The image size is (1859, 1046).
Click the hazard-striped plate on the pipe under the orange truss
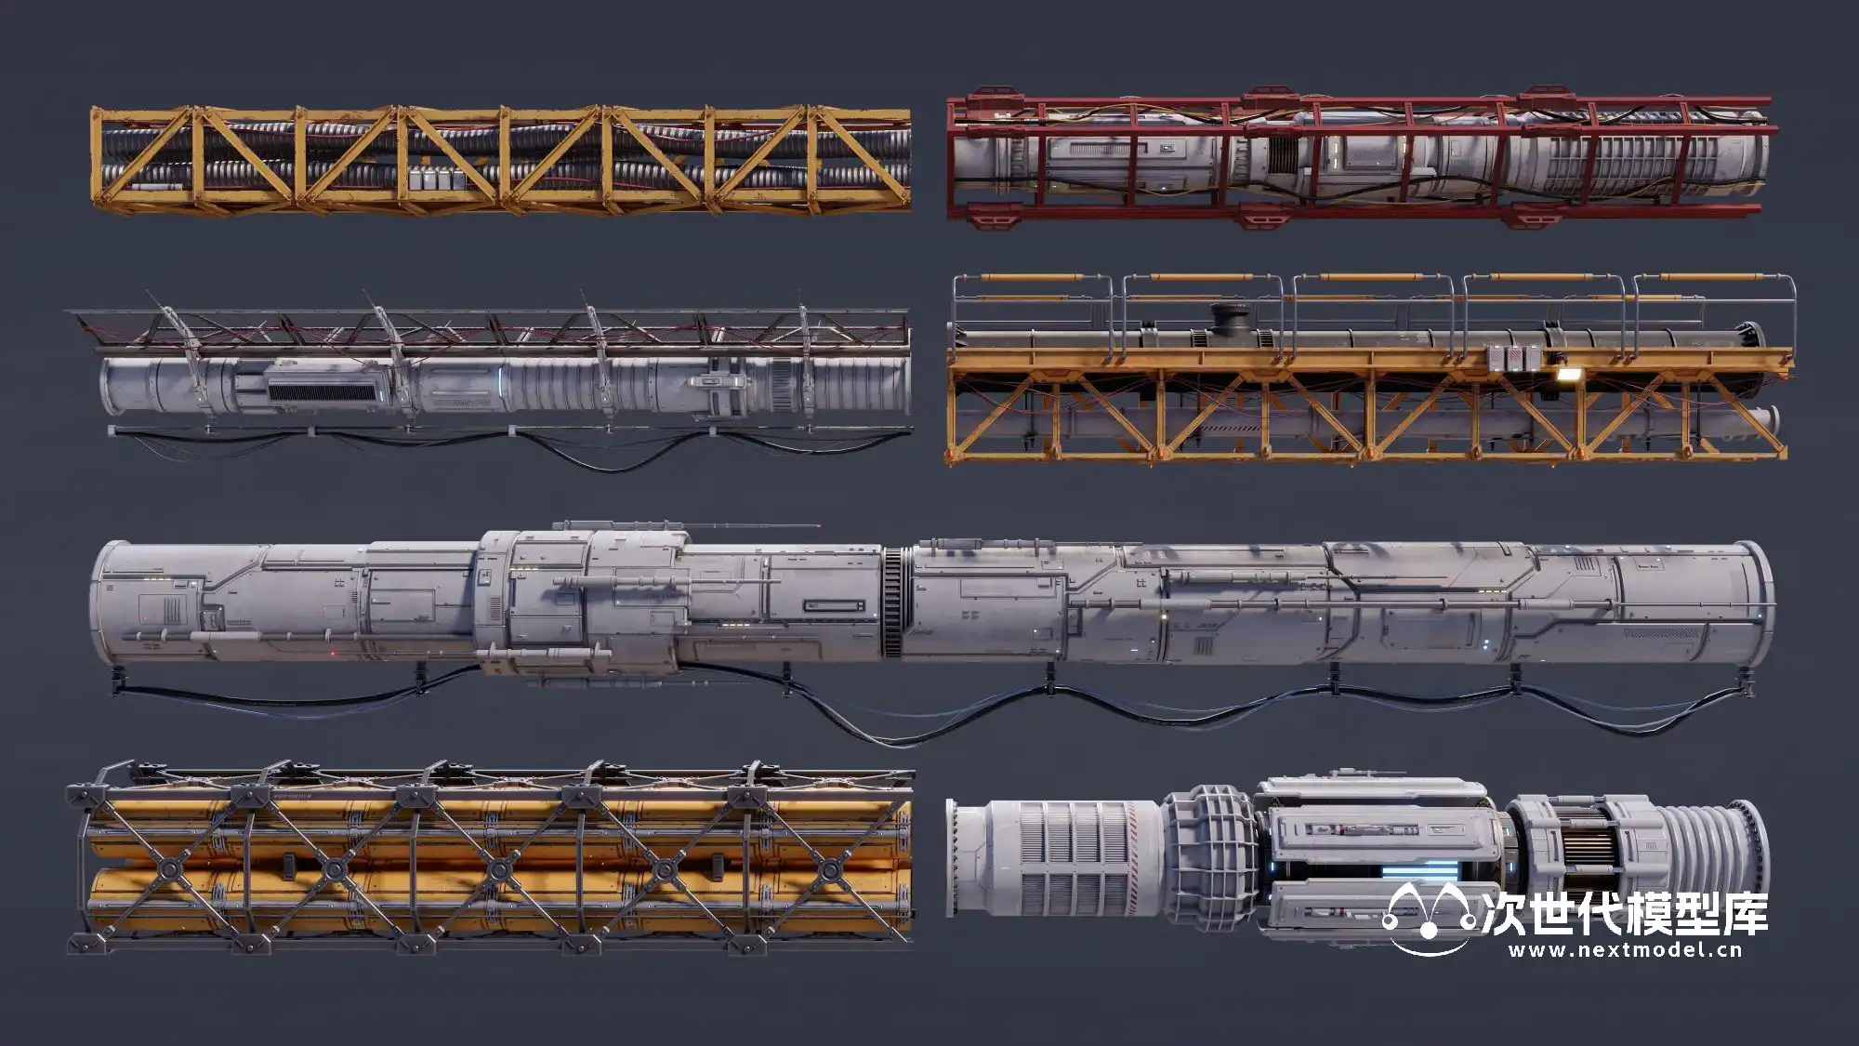tap(1227, 429)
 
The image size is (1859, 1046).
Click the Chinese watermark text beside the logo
tap(1622, 914)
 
